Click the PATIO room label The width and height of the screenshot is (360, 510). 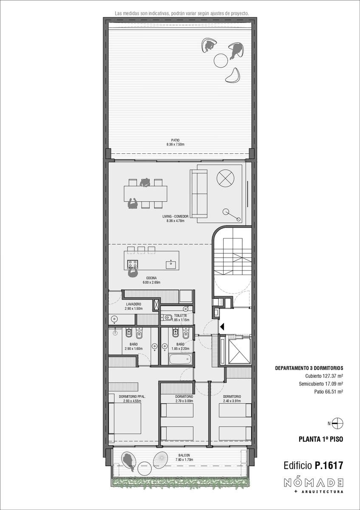tap(175, 140)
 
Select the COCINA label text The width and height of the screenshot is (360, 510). tap(151, 278)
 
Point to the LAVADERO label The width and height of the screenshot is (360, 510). tap(133, 304)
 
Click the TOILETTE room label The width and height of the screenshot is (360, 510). tap(181, 315)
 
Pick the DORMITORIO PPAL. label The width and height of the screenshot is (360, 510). tap(132, 397)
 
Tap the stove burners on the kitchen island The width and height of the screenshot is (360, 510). tap(133, 264)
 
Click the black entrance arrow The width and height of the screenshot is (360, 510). tap(222, 327)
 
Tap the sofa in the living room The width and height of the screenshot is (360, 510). tap(198, 193)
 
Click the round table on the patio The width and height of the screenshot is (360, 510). tap(221, 60)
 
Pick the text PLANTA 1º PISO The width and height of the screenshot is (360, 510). tap(321, 439)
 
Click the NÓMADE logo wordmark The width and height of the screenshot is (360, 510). tap(314, 482)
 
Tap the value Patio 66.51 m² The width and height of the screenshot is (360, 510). tap(329, 391)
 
